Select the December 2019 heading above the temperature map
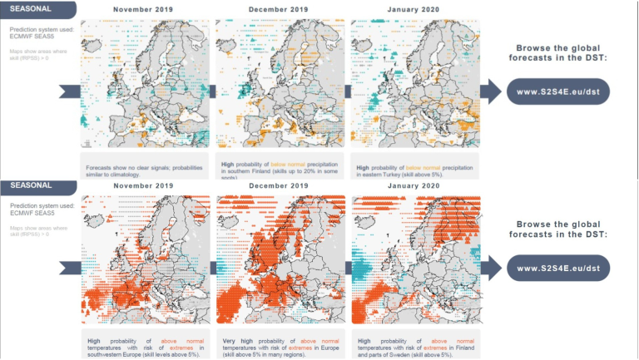[x=279, y=186]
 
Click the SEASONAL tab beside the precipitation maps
[x=32, y=7]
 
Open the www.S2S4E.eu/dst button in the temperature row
[x=558, y=268]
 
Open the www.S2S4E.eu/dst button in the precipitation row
[x=558, y=91]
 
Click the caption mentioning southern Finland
[x=279, y=170]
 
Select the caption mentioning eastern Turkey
[x=414, y=170]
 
